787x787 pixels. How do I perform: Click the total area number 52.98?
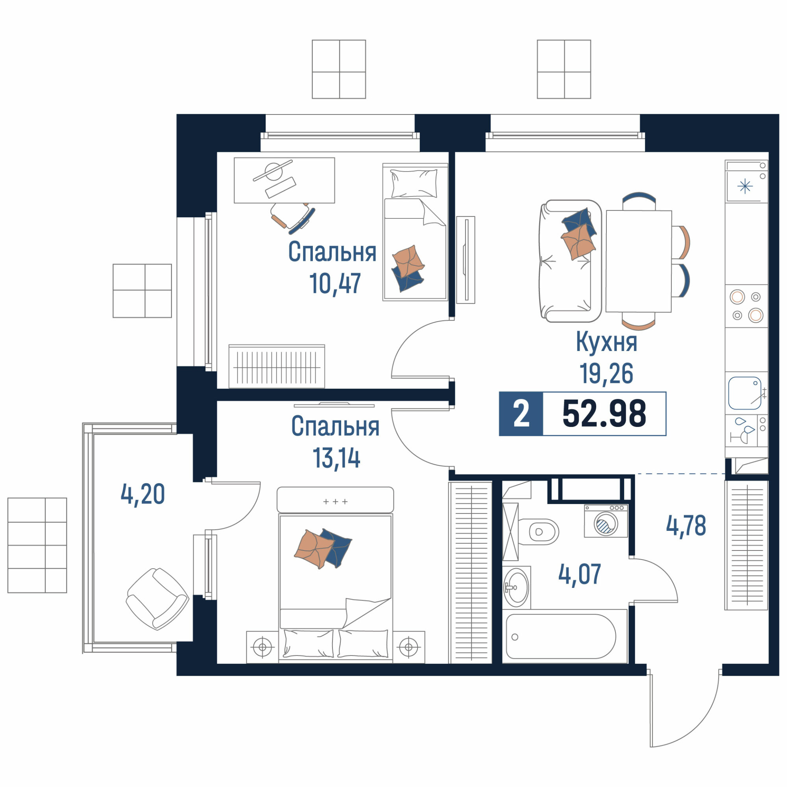coord(604,414)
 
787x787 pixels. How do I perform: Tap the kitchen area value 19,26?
coord(606,374)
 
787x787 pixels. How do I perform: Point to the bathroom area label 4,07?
coord(580,575)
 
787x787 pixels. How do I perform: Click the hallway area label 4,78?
coord(686,525)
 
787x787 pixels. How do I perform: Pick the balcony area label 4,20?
coord(142,494)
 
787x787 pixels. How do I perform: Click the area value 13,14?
coord(336,458)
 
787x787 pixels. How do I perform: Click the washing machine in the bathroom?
coord(606,521)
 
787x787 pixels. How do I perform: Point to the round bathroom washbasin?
coord(517,587)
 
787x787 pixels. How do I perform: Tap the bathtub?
coord(565,636)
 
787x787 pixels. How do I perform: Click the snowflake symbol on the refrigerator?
coord(745,187)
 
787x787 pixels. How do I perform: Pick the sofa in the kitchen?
coord(570,261)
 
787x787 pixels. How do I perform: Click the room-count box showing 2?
coord(521,414)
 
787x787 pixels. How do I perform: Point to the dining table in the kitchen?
coord(638,261)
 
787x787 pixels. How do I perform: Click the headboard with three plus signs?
coord(335,500)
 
